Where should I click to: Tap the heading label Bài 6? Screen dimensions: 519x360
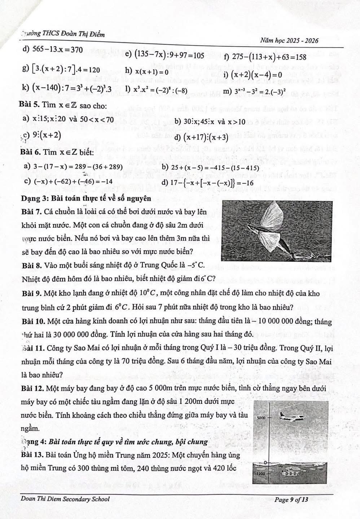[30, 153]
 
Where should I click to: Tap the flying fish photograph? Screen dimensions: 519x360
[277, 232]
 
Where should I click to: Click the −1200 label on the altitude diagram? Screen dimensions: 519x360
[260, 473]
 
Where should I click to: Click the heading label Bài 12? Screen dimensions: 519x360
[32, 389]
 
